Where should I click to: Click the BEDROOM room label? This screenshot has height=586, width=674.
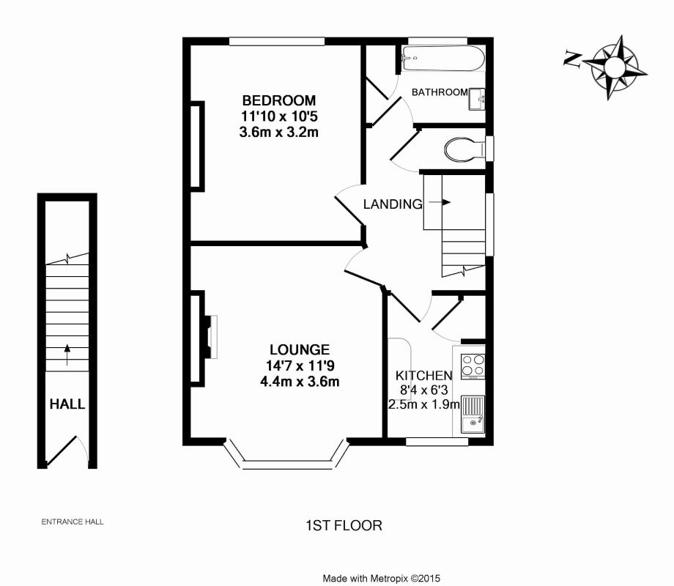tap(279, 100)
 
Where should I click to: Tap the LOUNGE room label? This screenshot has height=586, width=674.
tap(299, 350)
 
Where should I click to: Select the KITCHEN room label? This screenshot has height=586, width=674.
tap(423, 375)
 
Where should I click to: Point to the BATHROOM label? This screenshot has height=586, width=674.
tap(439, 92)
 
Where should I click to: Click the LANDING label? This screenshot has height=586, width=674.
tap(393, 204)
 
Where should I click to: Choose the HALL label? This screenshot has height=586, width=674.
tap(67, 404)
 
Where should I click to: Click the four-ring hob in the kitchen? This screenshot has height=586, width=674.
tap(473, 365)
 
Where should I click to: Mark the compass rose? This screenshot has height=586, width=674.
tap(617, 67)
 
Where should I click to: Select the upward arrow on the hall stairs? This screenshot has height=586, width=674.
tap(67, 354)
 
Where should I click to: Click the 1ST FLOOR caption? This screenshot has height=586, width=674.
tap(344, 525)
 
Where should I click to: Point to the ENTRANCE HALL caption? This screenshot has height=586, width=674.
tap(72, 522)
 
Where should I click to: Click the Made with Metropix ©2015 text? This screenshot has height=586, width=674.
tap(381, 578)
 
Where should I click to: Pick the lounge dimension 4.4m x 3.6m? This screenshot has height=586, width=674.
tap(299, 381)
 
